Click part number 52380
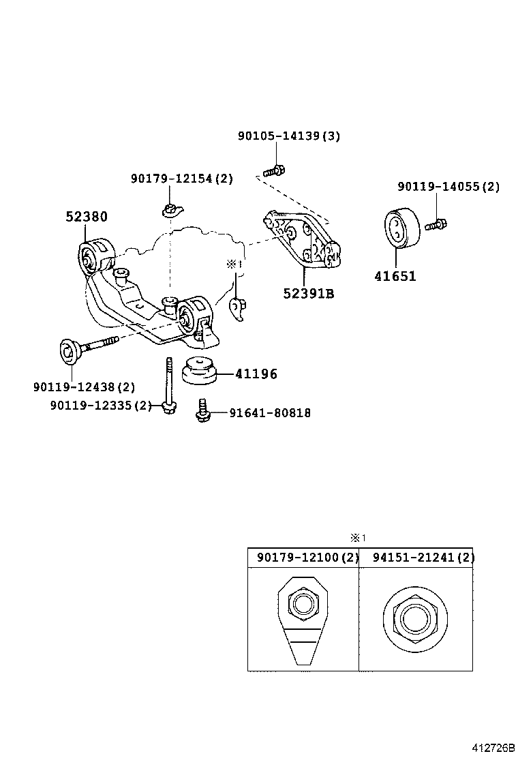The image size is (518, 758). tap(87, 217)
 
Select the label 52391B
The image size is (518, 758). tap(309, 293)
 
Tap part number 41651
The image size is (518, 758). tap(395, 276)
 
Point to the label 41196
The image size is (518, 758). tap(256, 374)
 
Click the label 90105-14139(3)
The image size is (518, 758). tap(289, 136)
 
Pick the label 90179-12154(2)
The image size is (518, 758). tap(182, 179)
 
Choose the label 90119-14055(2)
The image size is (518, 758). tap(448, 186)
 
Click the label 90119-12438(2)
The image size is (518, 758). tap(84, 386)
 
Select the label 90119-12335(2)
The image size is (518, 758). tap(101, 406)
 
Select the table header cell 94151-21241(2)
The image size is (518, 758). tap(416, 557)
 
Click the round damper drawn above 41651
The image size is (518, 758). tap(397, 227)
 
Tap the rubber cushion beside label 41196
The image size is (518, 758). tap(200, 372)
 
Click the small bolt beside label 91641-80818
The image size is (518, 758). tap(202, 410)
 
